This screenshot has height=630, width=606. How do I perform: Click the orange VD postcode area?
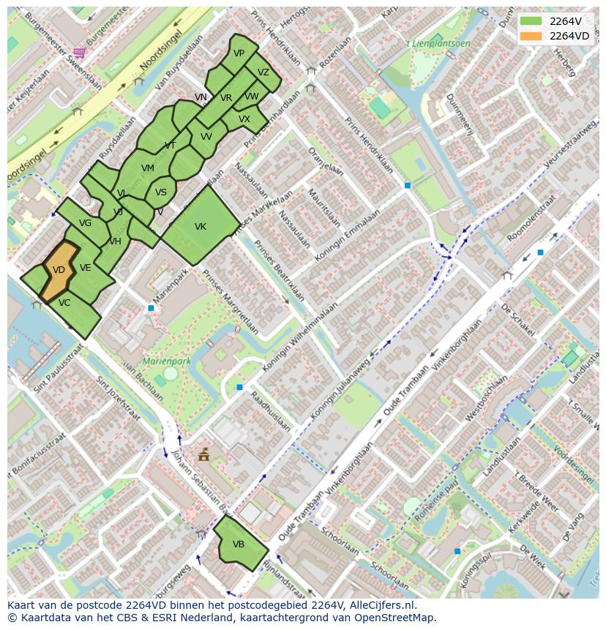[59, 270]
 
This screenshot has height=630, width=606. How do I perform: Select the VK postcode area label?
[201, 227]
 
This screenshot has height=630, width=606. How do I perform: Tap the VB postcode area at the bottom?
[239, 544]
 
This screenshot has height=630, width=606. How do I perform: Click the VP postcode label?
[239, 53]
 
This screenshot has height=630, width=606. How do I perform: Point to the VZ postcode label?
[263, 72]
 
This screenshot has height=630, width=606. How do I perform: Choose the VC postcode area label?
[64, 303]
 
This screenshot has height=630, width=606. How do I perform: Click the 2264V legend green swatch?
[532, 21]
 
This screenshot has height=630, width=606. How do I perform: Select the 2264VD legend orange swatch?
[532, 36]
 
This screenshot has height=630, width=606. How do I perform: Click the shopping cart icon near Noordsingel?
[79, 52]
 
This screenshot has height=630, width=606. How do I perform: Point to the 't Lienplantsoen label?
[438, 44]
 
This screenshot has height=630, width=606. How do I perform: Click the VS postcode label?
[161, 192]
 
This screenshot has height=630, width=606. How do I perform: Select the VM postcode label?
[148, 168]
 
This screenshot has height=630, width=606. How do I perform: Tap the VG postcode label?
[85, 223]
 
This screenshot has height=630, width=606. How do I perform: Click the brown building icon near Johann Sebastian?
[203, 455]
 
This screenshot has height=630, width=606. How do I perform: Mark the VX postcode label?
[244, 119]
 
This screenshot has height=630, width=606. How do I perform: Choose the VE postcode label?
[86, 268]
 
